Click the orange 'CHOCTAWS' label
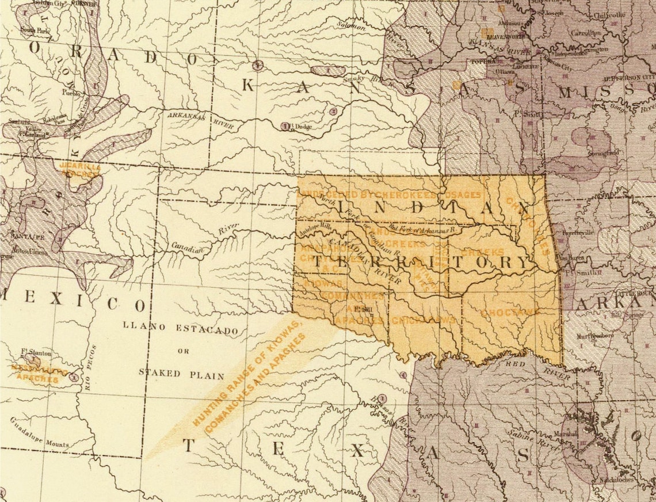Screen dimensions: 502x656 click(510, 312)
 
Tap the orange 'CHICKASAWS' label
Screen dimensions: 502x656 click(424, 320)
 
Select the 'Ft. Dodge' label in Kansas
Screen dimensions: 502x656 click(299, 127)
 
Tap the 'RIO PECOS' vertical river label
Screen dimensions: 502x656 click(90, 368)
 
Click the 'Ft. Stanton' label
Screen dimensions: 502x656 click(36, 352)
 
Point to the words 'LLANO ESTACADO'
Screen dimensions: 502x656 click(180, 328)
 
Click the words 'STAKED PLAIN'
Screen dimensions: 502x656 click(181, 373)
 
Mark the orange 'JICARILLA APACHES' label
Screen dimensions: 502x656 click(80, 169)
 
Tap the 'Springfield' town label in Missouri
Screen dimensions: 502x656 click(602, 153)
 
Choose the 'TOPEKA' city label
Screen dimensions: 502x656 click(468, 61)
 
